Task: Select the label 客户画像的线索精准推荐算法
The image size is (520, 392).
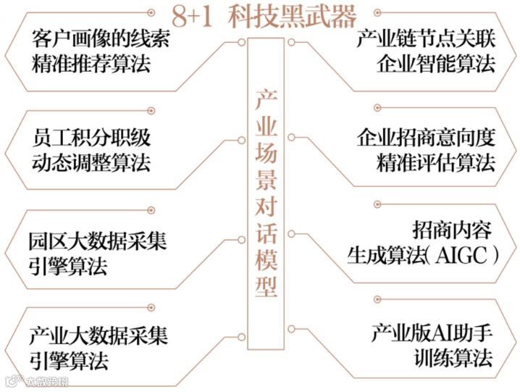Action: click(101, 50)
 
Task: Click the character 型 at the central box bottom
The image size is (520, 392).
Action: click(266, 287)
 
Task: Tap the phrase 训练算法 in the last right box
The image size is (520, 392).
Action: click(453, 358)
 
